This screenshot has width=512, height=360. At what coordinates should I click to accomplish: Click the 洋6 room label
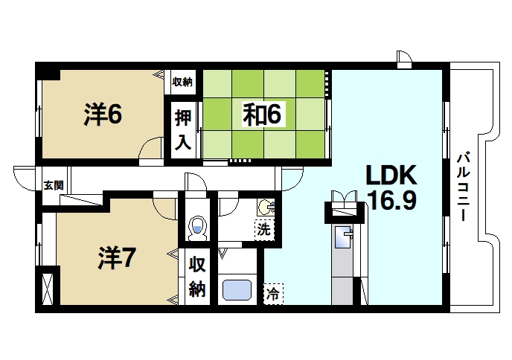[103, 115]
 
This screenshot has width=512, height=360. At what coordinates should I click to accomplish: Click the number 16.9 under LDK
[390, 201]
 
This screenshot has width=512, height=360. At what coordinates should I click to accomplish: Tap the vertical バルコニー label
[462, 181]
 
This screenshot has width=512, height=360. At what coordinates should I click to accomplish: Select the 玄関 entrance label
[53, 185]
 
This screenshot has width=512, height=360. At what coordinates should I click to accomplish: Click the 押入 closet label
[183, 130]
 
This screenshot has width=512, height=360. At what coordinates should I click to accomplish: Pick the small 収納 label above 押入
[183, 82]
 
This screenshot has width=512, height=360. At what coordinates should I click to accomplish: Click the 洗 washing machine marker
[264, 229]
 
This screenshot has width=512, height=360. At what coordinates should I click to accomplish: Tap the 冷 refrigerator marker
[273, 294]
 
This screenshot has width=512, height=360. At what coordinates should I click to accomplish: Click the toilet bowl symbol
[197, 228]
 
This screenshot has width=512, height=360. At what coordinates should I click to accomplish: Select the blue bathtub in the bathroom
[237, 289]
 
